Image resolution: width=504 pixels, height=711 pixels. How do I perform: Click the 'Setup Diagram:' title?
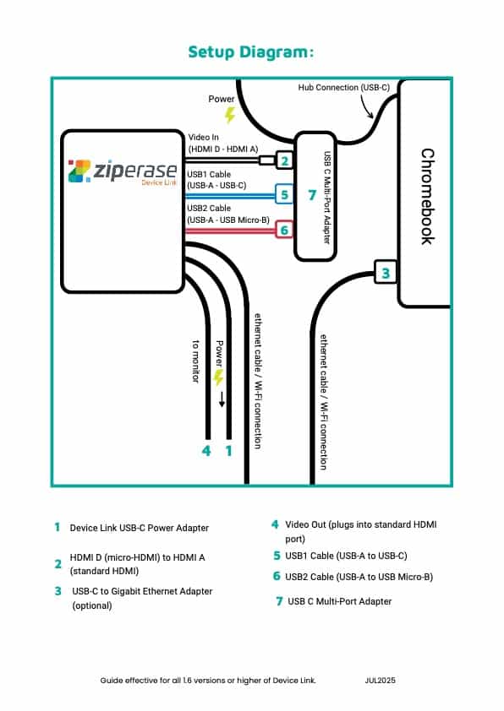coord(250,52)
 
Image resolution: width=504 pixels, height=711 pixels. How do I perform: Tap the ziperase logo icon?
coord(79,171)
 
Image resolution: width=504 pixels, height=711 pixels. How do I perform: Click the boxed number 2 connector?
coord(284,160)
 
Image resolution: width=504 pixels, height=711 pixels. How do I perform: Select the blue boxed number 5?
coord(284,195)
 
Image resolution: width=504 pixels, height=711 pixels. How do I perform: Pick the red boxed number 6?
coord(284,231)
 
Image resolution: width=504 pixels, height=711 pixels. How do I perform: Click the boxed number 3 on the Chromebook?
coord(386,273)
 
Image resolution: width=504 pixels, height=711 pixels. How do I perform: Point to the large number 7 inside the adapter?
coord(312,195)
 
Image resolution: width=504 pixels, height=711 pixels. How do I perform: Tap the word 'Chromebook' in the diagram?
coord(427,197)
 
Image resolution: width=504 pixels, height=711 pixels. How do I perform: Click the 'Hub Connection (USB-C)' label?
coord(343,88)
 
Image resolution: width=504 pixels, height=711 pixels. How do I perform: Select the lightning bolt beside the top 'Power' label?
coord(230,115)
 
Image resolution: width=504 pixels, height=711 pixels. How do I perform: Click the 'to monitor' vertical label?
coord(195,361)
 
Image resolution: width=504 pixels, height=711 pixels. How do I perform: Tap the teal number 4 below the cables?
coord(206,451)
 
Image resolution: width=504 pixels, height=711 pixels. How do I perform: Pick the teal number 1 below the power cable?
coord(229,451)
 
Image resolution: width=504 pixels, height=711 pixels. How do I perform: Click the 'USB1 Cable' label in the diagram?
coord(209,175)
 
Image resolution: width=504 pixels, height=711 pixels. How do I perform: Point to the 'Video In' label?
coord(204,137)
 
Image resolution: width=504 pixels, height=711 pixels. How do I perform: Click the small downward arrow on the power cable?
coord(222,399)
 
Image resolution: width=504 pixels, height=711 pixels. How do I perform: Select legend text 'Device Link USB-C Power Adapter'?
coord(140,528)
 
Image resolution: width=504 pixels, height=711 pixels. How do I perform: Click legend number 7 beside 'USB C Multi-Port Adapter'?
coord(279,601)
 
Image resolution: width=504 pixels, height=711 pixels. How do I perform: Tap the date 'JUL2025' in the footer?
coord(380,680)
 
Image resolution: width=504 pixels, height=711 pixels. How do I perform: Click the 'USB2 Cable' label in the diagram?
coord(209,208)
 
